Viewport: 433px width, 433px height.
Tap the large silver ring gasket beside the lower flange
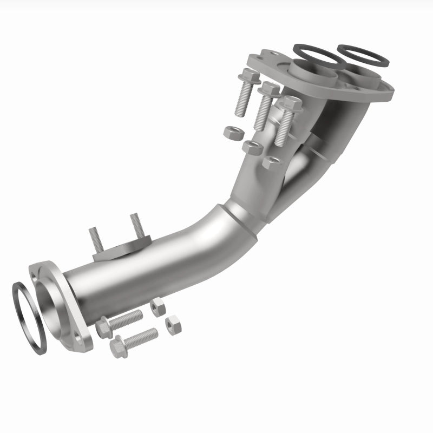tap(28, 318)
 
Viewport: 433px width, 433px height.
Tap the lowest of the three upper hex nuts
tap(272, 162)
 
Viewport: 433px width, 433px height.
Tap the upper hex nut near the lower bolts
tap(158, 307)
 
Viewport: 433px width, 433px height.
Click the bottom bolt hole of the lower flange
tap(80, 340)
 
